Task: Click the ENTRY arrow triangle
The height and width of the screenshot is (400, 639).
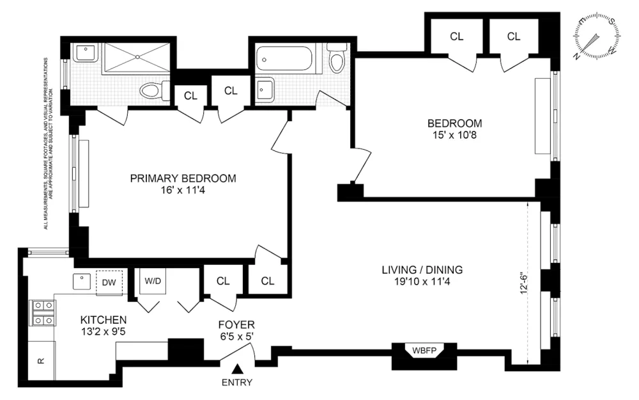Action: pyautogui.click(x=238, y=369)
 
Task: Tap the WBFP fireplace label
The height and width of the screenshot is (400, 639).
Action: pyautogui.click(x=424, y=350)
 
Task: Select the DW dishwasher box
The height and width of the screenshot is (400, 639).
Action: pyautogui.click(x=109, y=282)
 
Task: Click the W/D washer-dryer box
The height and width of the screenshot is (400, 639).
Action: pyautogui.click(x=153, y=281)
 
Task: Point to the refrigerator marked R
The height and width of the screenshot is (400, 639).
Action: pyautogui.click(x=42, y=360)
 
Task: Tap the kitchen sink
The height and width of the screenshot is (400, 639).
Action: pyautogui.click(x=82, y=281)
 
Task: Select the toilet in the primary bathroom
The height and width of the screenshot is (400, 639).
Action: pyautogui.click(x=155, y=90)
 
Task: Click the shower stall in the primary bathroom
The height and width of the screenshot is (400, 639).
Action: pyautogui.click(x=137, y=58)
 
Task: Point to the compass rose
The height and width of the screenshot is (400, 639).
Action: pyautogui.click(x=597, y=36)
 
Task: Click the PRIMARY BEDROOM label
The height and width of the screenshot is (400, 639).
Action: pyautogui.click(x=183, y=179)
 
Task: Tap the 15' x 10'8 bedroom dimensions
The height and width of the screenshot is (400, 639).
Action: pyautogui.click(x=454, y=135)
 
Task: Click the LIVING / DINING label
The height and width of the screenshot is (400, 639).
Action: pyautogui.click(x=422, y=270)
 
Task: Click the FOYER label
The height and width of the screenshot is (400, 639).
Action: pyautogui.click(x=236, y=325)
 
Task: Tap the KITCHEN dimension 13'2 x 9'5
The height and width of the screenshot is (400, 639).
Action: pyautogui.click(x=103, y=332)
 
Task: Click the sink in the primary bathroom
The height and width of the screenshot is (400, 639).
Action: pyautogui.click(x=86, y=54)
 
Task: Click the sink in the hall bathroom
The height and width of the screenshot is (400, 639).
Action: pyautogui.click(x=265, y=88)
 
